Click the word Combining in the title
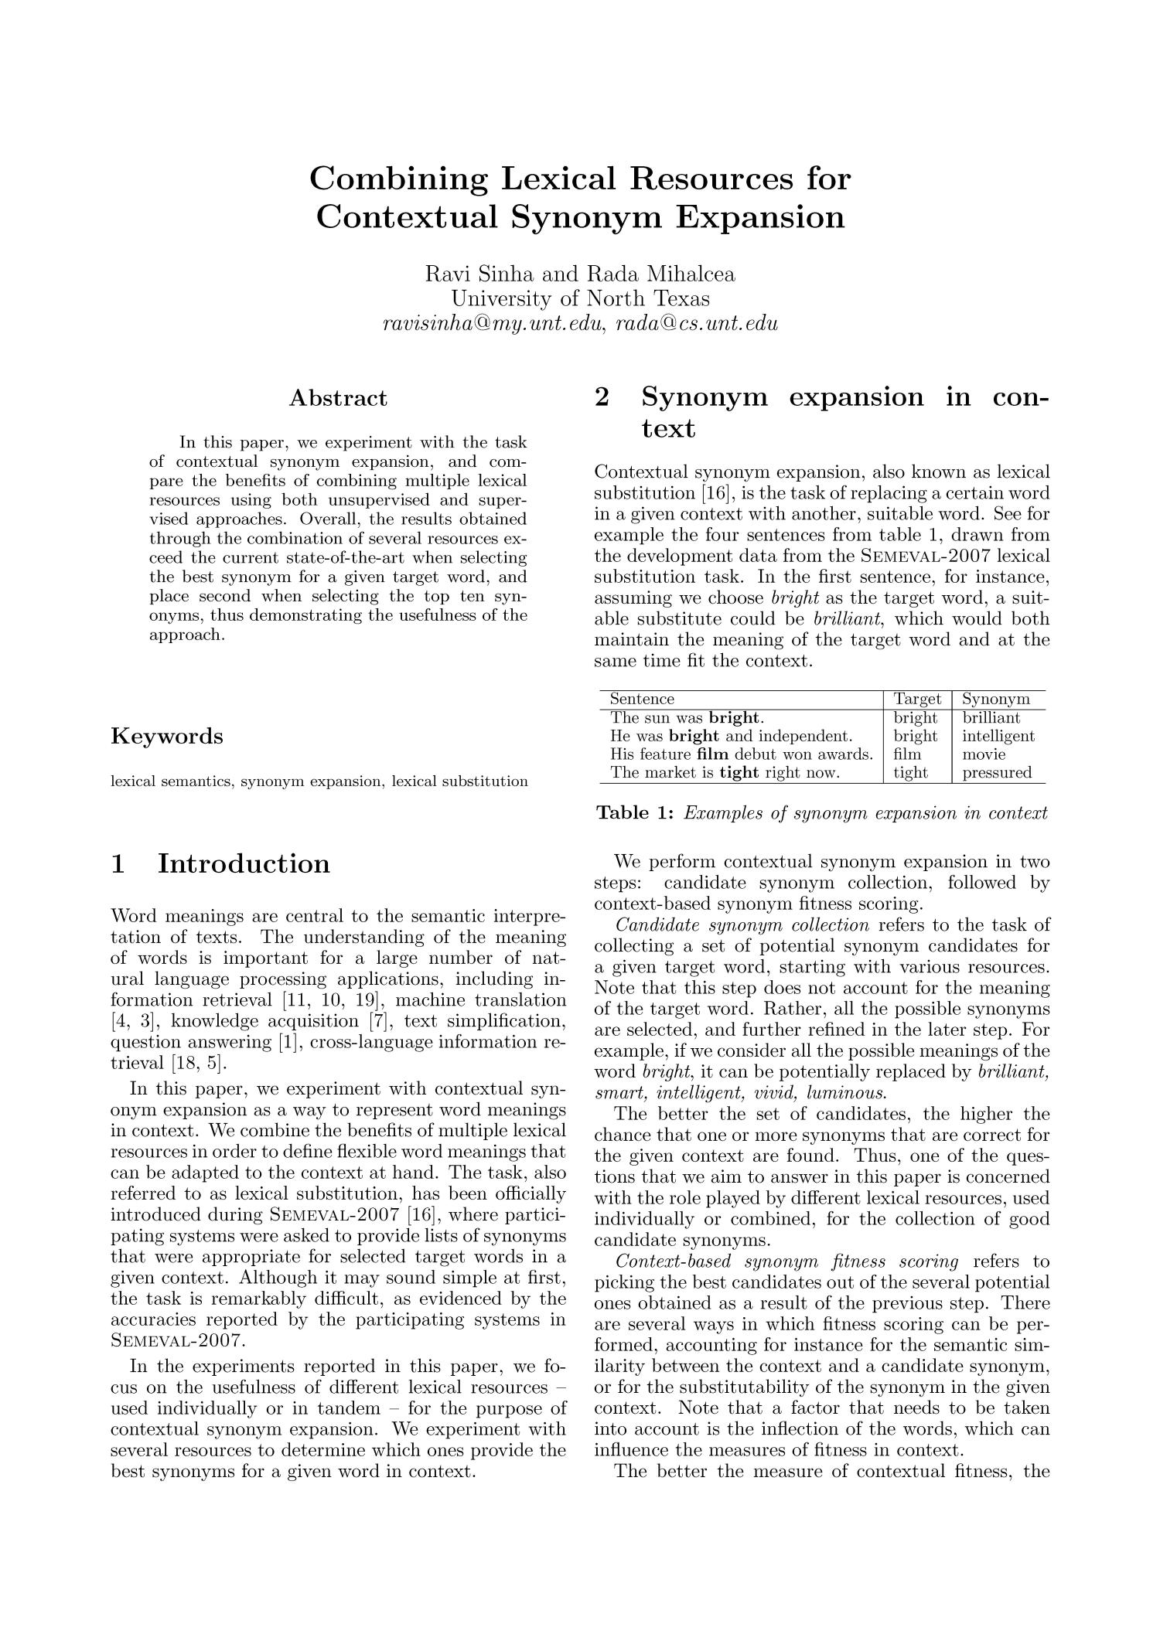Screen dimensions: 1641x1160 398,179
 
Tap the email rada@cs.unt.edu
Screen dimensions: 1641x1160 696,323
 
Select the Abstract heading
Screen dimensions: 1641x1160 338,398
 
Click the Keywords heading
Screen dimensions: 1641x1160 167,736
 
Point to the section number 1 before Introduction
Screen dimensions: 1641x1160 118,863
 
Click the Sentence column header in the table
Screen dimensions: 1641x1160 642,699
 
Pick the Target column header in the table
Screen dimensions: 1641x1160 917,699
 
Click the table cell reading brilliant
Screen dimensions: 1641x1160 991,717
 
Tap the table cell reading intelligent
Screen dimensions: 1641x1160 998,736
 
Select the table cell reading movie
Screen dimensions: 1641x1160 984,754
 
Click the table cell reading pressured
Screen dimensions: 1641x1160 996,772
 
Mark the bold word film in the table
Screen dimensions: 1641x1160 712,754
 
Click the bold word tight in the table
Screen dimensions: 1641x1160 735,772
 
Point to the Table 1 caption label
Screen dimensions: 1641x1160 636,813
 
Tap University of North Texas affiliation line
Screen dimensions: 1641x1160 580,298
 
